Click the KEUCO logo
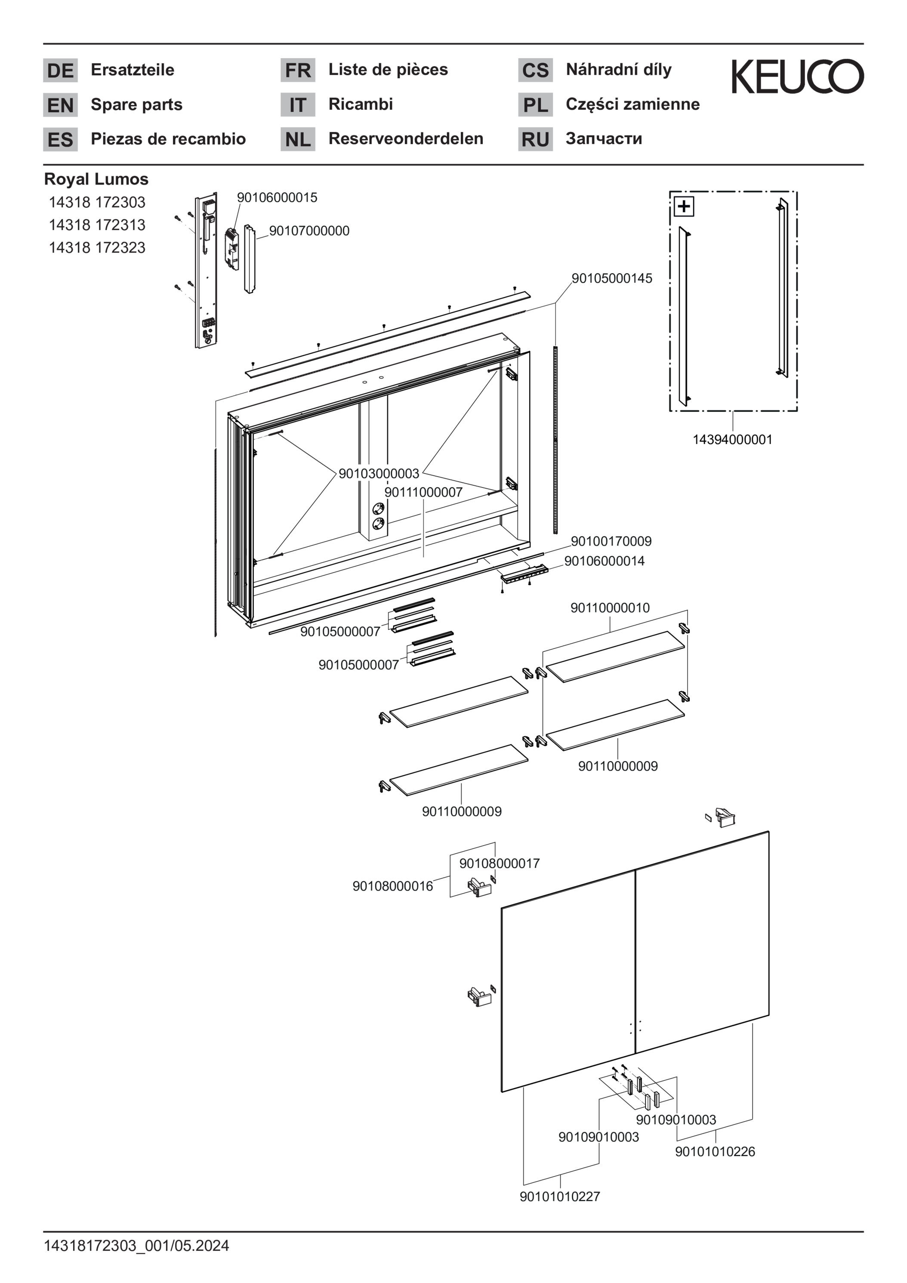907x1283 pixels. coord(797,77)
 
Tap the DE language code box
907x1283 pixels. coord(60,71)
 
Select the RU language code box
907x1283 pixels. coord(535,139)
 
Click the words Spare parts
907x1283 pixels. coord(136,105)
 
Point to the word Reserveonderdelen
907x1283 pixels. coord(406,139)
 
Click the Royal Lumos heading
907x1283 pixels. coord(96,179)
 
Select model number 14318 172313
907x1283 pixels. coord(97,225)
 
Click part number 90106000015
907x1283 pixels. coord(277,197)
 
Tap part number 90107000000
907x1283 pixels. coord(309,231)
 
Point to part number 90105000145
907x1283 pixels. coord(611,278)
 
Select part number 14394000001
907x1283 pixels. coord(732,439)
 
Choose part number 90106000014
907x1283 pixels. coord(604,561)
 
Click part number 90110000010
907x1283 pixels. coord(610,608)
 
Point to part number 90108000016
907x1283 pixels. coord(392,886)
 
